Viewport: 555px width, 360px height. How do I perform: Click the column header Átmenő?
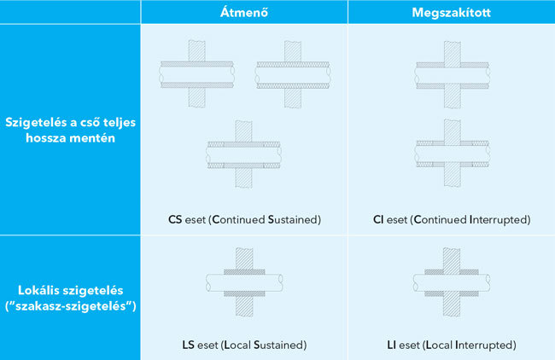244,12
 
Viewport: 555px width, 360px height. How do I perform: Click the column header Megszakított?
452,13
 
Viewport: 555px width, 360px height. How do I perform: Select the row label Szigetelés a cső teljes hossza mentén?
70,130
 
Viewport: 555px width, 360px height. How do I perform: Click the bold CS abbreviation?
175,219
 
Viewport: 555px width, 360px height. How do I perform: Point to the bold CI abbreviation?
378,219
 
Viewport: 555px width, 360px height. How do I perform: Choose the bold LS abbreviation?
189,345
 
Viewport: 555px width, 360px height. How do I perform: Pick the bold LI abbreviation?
391,345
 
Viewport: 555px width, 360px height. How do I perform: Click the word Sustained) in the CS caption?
295,219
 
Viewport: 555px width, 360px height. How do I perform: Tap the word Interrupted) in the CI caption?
500,219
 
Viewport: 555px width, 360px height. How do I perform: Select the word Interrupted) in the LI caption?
486,345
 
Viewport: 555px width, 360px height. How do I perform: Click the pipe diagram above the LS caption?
244,282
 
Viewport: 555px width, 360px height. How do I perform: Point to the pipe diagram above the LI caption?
452,282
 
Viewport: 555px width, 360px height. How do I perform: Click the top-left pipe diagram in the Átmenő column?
196,74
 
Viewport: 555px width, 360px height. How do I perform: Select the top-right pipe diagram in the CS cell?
293,74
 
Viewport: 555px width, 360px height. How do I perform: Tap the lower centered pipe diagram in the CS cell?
244,154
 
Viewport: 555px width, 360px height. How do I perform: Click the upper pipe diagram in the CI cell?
453,74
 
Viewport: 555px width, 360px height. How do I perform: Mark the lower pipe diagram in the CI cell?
453,154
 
